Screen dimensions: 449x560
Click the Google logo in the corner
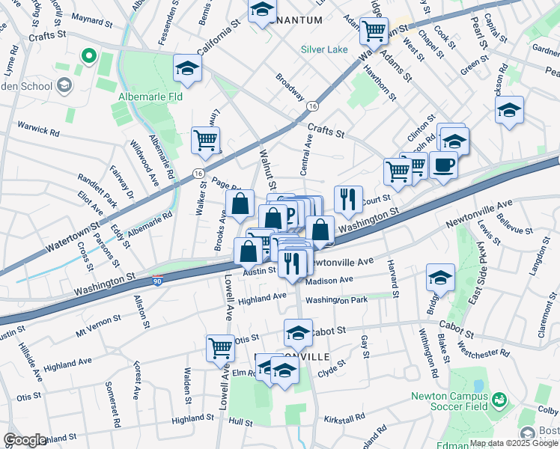(25, 440)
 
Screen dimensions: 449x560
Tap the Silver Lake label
(324, 50)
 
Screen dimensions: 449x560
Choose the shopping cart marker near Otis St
(220, 346)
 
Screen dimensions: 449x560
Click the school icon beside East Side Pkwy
(440, 277)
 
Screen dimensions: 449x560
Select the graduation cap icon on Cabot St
(298, 332)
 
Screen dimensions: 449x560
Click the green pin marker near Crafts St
(88, 55)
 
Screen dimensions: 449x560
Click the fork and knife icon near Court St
(348, 198)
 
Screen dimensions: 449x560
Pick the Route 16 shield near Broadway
(311, 107)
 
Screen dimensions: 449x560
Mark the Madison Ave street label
(329, 280)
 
